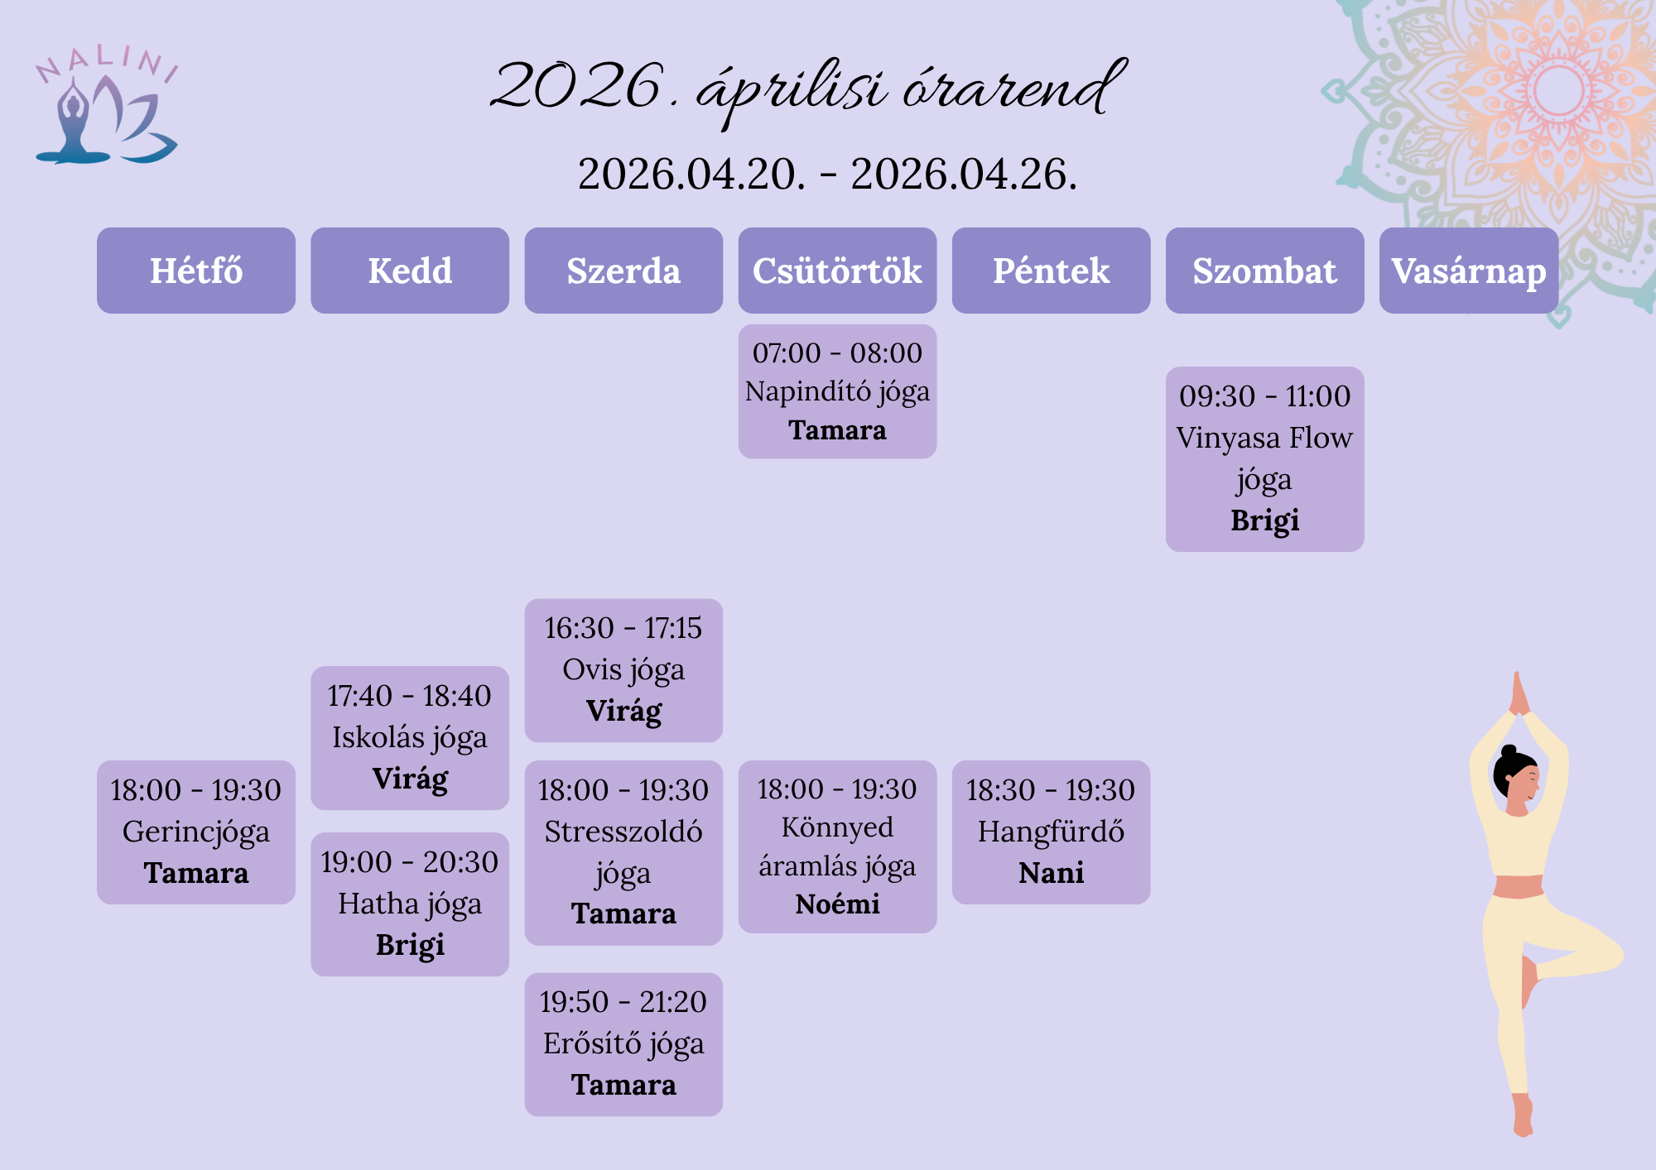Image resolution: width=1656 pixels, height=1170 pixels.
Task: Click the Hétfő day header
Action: click(x=196, y=271)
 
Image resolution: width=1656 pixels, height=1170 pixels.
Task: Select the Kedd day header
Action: click(x=410, y=271)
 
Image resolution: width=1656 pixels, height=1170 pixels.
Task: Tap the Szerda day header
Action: click(x=623, y=271)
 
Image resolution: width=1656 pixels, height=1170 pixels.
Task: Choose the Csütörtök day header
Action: click(x=837, y=271)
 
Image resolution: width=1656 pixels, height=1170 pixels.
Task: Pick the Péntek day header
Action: click(x=1051, y=271)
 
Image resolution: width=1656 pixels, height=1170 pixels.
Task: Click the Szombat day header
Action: click(x=1264, y=271)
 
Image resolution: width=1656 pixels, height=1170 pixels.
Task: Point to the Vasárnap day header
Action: click(x=1469, y=271)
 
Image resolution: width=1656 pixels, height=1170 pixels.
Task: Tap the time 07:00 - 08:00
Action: click(x=837, y=353)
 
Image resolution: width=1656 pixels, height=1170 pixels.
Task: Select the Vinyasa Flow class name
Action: click(x=1264, y=438)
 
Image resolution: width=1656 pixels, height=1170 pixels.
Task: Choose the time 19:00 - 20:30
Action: click(x=410, y=862)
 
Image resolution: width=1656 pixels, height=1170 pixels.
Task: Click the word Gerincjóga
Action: click(x=196, y=832)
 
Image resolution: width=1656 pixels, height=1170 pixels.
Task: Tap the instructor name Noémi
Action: click(x=837, y=904)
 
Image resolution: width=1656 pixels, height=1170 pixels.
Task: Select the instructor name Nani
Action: click(x=1051, y=873)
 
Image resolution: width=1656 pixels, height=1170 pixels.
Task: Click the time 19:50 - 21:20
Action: click(x=623, y=1002)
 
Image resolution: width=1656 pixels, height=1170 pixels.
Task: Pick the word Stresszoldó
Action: click(x=623, y=832)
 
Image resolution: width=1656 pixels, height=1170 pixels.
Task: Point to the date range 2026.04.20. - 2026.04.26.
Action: click(x=828, y=175)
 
